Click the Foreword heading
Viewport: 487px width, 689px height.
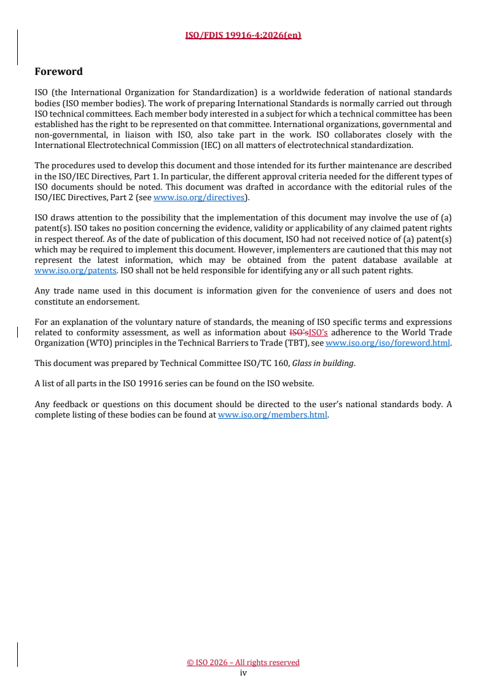58,72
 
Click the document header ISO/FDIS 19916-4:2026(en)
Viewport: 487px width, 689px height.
243,35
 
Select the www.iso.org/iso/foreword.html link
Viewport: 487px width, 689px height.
388,343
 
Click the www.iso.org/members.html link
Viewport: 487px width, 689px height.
273,415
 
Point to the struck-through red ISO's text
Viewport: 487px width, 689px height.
298,333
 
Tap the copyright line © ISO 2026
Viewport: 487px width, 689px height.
243,662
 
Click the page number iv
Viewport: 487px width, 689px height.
243,672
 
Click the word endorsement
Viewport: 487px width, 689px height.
116,302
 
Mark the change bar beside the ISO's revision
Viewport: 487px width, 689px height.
17,333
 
